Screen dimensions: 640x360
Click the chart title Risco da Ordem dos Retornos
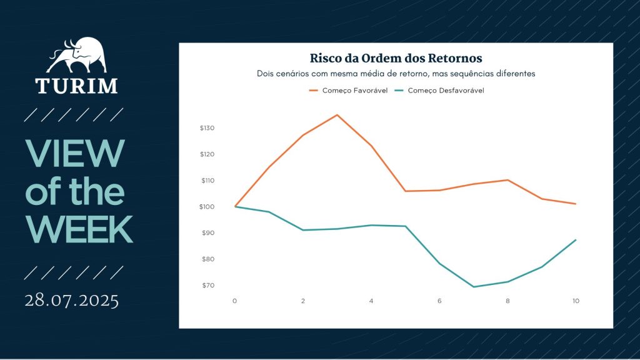(x=396, y=58)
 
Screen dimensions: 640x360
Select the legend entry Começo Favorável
(x=348, y=91)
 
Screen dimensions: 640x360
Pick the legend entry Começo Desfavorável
(x=439, y=91)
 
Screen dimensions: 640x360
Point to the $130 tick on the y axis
(x=207, y=127)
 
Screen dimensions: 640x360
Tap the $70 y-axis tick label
(x=208, y=285)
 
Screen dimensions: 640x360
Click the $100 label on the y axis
(x=207, y=206)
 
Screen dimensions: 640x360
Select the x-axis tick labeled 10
(x=576, y=301)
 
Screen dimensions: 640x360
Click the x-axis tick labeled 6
(x=439, y=301)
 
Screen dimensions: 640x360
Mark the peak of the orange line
(x=337, y=115)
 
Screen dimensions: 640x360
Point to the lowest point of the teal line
(x=474, y=287)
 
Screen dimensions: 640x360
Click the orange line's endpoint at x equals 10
(x=576, y=204)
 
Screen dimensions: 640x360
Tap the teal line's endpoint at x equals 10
(x=576, y=239)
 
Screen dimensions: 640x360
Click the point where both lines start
(x=235, y=206)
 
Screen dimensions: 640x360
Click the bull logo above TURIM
(x=77, y=55)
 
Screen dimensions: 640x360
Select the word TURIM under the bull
(x=76, y=86)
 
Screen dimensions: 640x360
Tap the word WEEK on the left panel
(x=79, y=230)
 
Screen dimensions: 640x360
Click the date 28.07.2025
(x=72, y=301)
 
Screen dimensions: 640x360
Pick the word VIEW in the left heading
(x=75, y=154)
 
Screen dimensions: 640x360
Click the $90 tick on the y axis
(x=208, y=232)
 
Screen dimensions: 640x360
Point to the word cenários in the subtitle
(x=291, y=74)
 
